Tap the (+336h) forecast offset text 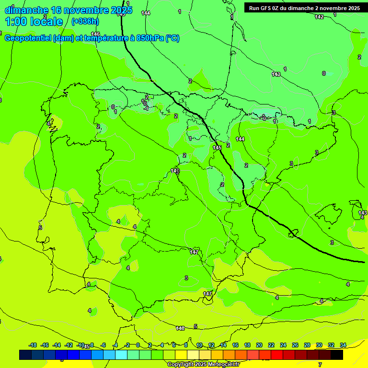tap(85, 21)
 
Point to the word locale tap(47, 22)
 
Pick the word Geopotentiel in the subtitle tap(28, 38)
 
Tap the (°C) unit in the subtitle tap(172, 38)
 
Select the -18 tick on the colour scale tap(33, 345)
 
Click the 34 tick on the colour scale tap(343, 345)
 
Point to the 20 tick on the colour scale tap(259, 345)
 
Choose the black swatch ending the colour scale tap(337, 355)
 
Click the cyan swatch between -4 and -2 tap(121, 355)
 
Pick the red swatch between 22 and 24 tap(277, 355)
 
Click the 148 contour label tap(180, 328)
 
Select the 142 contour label tap(319, 17)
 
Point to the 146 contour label tap(95, 34)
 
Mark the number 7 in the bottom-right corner tap(320, 365)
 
